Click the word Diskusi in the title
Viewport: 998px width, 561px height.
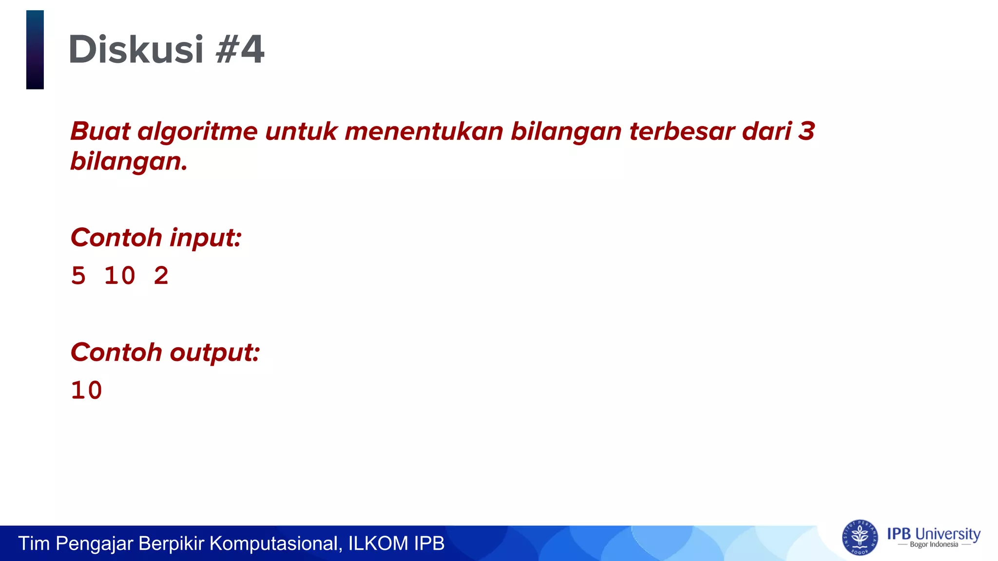[135, 50]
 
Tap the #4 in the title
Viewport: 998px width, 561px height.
[240, 50]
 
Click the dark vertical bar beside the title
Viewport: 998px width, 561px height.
[35, 50]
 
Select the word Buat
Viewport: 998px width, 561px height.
[100, 131]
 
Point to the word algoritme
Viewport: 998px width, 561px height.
[197, 131]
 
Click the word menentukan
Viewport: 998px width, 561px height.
[423, 131]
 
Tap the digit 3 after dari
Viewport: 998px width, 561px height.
[806, 131]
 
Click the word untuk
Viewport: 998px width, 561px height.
[301, 131]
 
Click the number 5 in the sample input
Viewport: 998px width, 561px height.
[78, 276]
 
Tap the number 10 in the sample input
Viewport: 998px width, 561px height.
[119, 276]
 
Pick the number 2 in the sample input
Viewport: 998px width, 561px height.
[161, 276]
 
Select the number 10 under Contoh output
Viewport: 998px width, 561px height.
[86, 391]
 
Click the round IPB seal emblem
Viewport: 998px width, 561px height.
[860, 538]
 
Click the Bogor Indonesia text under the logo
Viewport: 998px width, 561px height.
[934, 545]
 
